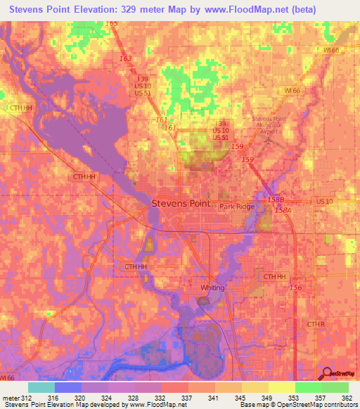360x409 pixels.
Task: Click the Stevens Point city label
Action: click(181, 203)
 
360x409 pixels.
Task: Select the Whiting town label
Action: click(212, 287)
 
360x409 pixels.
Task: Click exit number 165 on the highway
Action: click(112, 23)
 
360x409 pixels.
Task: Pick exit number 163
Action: click(126, 59)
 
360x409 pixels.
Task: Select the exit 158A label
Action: click(283, 209)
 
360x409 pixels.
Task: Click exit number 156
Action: click(296, 288)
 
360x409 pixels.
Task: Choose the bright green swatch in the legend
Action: click(308, 387)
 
